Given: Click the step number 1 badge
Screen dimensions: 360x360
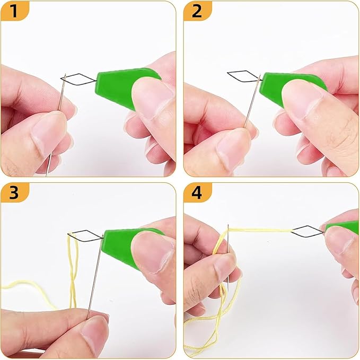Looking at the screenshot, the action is [14, 11].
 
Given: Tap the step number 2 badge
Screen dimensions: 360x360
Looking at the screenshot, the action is [197, 11].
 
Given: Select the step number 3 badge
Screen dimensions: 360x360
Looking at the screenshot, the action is [14, 192].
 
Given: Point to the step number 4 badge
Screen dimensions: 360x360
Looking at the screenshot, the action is [197, 192].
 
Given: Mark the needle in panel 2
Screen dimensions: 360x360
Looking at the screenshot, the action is [252, 101].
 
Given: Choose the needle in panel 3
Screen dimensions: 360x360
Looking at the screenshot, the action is [94, 276].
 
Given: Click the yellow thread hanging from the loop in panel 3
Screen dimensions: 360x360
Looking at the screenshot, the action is [73, 271].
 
